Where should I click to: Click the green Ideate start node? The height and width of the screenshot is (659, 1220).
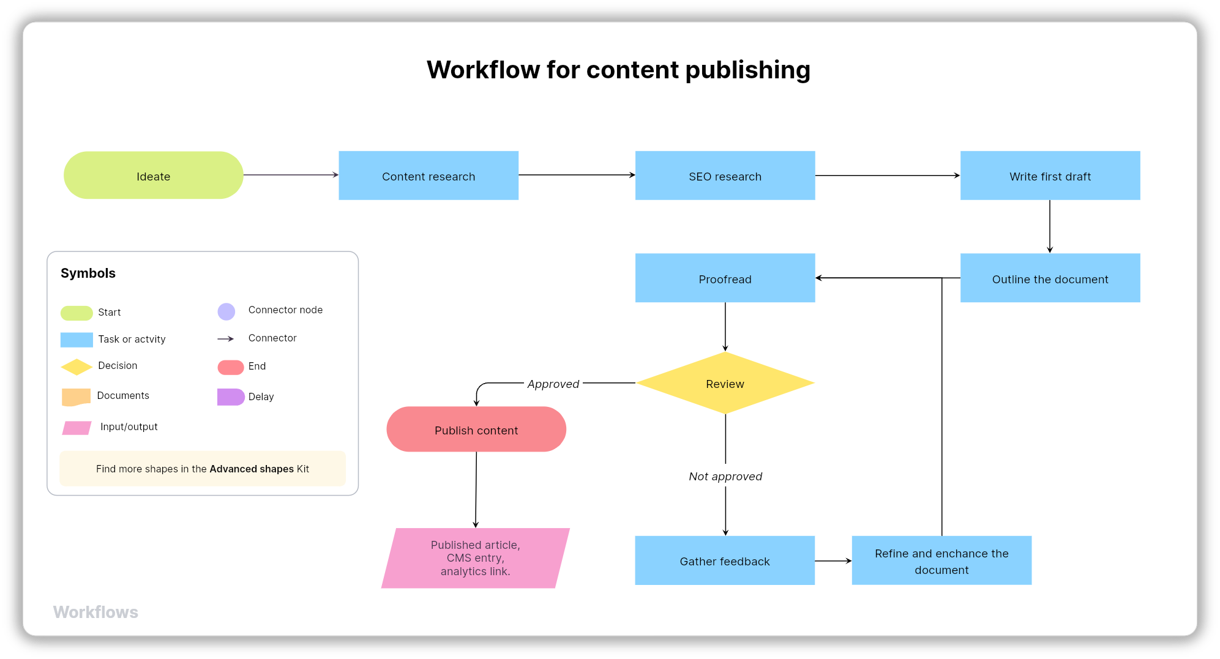pos(153,176)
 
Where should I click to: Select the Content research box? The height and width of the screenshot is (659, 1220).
pos(428,176)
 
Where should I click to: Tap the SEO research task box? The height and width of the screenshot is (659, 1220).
pos(725,176)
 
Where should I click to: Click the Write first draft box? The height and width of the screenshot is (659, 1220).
pos(1050,176)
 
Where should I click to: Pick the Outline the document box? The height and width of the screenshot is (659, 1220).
pos(1050,278)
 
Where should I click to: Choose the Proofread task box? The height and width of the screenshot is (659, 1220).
pos(725,278)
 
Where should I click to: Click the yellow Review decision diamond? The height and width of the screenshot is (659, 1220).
pos(725,384)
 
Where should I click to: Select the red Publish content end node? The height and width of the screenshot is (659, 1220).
pos(476,430)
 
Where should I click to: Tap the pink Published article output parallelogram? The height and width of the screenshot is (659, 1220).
pos(476,558)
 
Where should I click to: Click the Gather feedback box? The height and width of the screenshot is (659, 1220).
pos(725,560)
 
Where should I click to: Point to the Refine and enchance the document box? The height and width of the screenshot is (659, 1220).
pos(941,560)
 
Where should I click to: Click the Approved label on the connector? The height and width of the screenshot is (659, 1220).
pos(553,384)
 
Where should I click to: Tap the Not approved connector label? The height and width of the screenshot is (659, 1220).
pos(725,476)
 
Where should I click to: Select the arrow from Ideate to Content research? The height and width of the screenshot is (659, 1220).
pos(291,175)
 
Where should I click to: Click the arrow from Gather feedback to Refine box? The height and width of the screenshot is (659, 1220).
pos(833,560)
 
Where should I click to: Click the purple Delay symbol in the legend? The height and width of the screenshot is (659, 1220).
pos(230,397)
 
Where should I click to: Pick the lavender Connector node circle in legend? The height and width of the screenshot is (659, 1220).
pos(226,311)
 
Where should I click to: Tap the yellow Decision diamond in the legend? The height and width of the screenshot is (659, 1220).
pos(77,367)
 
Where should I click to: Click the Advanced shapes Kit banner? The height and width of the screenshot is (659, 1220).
pos(203,469)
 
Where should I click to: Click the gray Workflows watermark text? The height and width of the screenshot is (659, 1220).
pos(95,612)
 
